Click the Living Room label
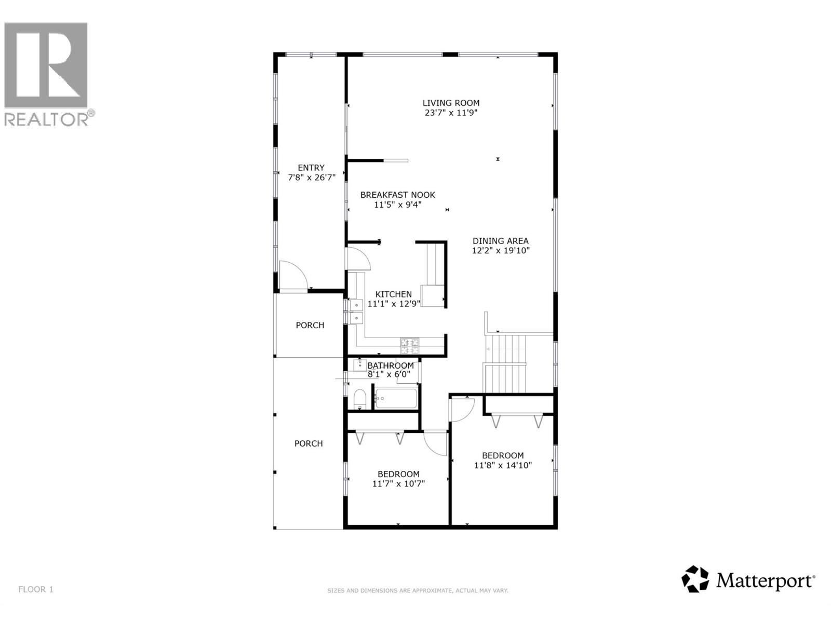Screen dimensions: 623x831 pos(450,103)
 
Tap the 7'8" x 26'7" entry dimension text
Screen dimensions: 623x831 pos(312,178)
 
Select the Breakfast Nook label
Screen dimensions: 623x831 pos(398,195)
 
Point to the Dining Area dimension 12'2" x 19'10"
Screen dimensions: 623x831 pos(501,251)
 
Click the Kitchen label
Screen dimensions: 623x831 pos(393,294)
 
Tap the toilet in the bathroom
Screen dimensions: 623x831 pos(359,400)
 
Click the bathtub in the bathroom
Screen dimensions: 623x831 pos(396,399)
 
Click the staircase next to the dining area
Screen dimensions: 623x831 pos(505,363)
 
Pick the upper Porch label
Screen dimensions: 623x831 pos(310,325)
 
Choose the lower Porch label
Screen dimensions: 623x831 pos(309,443)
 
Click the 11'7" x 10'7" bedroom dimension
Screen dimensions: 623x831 pos(398,484)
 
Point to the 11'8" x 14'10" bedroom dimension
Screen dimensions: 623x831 pos(503,465)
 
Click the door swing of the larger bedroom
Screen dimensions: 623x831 pos(461,409)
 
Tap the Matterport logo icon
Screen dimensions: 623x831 pos(695,579)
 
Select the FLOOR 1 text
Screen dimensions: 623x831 pos(36,589)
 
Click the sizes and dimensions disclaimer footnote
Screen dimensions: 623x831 pos(418,590)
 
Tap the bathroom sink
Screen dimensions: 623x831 pos(359,365)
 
